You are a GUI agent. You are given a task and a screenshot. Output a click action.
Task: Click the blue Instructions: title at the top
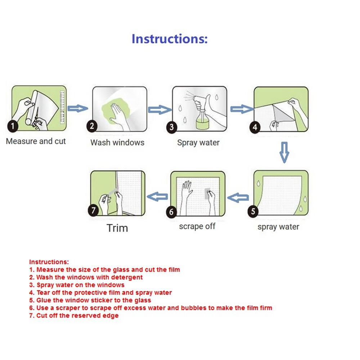pos(170,39)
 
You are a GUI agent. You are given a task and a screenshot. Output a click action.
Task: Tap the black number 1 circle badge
pos(13,126)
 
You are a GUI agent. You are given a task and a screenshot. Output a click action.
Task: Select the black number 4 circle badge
pos(255,127)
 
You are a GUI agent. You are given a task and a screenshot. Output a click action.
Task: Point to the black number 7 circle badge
pos(94,210)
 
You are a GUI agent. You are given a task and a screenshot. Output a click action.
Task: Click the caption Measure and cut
pos(36,141)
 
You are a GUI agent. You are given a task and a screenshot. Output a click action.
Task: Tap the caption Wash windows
pos(117,142)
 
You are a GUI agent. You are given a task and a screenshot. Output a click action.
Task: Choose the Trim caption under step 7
pos(117,228)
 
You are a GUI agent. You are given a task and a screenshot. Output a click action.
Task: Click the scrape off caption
pos(197,226)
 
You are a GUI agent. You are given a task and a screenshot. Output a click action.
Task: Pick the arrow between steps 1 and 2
pos(78,108)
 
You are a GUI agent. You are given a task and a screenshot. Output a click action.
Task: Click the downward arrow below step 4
pos(284,152)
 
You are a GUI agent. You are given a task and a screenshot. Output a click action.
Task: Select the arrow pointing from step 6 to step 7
pos(158,197)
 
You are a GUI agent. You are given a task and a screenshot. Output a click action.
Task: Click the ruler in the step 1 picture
pos(62,107)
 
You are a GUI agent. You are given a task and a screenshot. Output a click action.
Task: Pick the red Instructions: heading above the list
pos(49,262)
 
